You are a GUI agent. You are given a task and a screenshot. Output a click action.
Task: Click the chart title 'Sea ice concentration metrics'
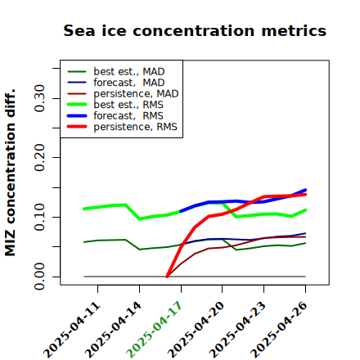(x=195, y=30)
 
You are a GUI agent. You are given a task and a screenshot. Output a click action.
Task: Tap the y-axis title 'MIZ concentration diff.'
(x=10, y=173)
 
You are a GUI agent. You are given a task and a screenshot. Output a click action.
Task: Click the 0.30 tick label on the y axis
(x=40, y=98)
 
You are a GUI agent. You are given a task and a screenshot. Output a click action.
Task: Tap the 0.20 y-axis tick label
(x=40, y=157)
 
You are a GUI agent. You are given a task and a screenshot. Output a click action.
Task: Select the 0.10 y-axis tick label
(x=40, y=217)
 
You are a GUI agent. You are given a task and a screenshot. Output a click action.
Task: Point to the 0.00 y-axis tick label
(x=40, y=277)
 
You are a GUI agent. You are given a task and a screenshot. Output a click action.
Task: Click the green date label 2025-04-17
(x=154, y=330)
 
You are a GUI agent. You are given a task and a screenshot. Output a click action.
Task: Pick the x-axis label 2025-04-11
(x=71, y=330)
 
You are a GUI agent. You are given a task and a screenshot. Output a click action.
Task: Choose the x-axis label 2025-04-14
(x=113, y=330)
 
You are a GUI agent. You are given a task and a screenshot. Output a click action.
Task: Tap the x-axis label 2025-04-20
(x=196, y=330)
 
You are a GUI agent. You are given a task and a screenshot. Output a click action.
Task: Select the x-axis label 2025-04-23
(x=237, y=330)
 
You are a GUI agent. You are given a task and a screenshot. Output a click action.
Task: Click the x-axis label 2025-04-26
(x=279, y=330)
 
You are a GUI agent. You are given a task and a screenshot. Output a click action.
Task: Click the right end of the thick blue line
(x=305, y=190)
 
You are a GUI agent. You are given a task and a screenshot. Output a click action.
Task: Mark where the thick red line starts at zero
(x=167, y=277)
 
